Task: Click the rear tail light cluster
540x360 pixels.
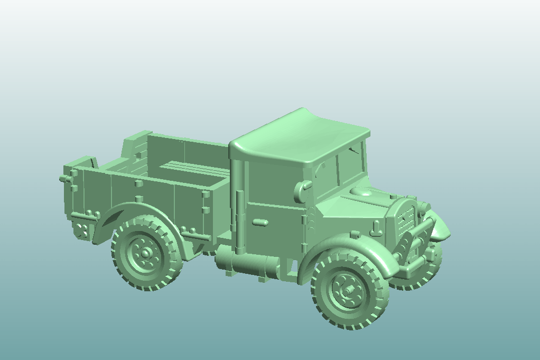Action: [x=81, y=230]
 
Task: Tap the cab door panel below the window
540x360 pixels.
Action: [x=275, y=227]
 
